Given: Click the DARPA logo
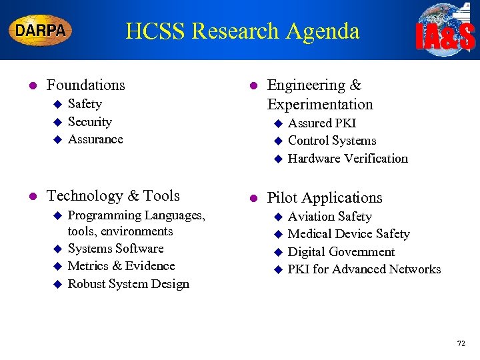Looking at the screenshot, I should coord(40,31).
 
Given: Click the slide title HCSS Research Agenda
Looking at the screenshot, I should coord(242,31).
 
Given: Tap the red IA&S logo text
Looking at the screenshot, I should coord(445,38).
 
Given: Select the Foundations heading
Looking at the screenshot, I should coord(85,85).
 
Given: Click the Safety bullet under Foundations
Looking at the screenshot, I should coord(85,104).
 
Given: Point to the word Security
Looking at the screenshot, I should coord(90,122).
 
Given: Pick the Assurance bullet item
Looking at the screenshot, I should coord(95,139).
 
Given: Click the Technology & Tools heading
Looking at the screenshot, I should coord(113,196).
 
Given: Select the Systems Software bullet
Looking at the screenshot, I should coord(115,249).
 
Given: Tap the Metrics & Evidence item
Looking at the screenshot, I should coord(121,266).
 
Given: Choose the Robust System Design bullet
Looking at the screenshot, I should coord(128,284).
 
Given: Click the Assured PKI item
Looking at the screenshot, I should coord(322,123).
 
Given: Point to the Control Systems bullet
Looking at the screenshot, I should coord(332,141).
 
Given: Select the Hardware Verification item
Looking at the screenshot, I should coord(347,159).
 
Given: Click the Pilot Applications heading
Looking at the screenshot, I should coord(325,198).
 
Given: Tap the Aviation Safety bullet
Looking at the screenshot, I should coord(330,217).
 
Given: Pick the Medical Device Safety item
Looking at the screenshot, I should coord(349,234).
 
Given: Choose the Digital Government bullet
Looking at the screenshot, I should coord(341,252).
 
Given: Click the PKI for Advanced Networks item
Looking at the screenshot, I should coord(364,269).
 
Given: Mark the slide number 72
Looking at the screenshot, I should coord(461,343).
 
